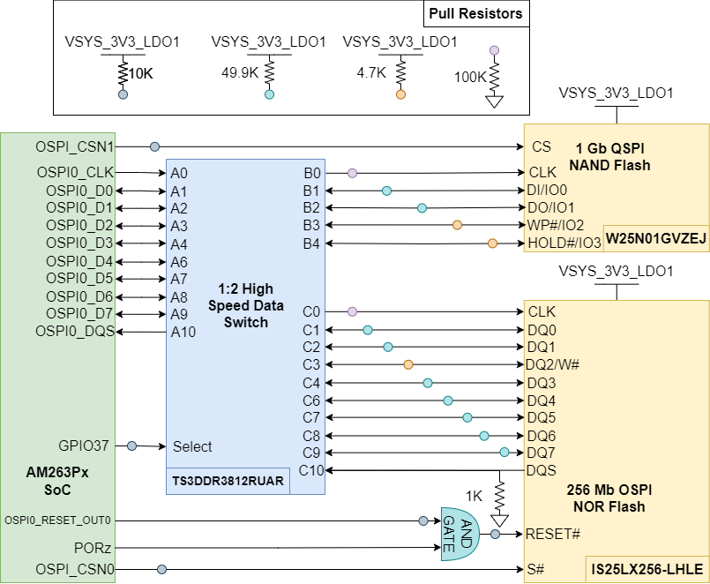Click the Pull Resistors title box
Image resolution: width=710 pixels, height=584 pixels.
point(475,13)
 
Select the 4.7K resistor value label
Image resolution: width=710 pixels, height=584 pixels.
point(371,73)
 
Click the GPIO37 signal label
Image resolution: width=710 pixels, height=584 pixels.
point(84,446)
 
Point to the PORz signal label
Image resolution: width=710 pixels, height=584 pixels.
point(94,548)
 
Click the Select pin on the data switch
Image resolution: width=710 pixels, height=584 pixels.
point(192,446)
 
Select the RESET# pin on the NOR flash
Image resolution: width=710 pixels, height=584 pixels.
point(553,534)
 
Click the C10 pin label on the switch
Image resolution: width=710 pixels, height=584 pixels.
point(311,470)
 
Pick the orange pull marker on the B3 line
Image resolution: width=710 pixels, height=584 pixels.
point(457,226)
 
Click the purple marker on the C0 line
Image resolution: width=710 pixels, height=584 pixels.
point(352,311)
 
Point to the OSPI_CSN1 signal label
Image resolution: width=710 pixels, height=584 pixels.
point(75,146)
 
